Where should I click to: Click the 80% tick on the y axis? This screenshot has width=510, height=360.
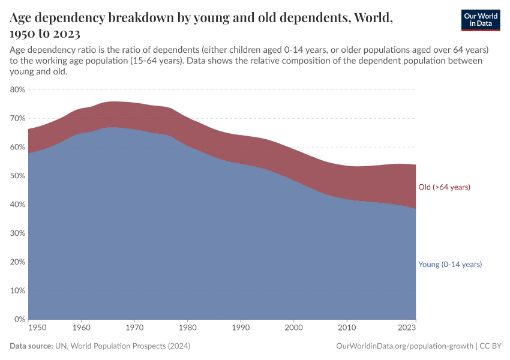pyautogui.click(x=17, y=89)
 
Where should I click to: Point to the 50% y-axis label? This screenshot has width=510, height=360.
pyautogui.click(x=17, y=176)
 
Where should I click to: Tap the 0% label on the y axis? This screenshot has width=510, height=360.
pyautogui.click(x=19, y=319)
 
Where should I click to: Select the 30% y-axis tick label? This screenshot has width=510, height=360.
pyautogui.click(x=17, y=233)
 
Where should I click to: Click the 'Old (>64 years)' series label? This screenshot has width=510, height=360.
pyautogui.click(x=444, y=187)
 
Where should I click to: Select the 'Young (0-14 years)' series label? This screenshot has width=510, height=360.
pyautogui.click(x=450, y=265)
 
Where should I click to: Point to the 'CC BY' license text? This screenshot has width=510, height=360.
pyautogui.click(x=490, y=346)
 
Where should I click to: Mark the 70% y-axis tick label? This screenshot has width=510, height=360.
pyautogui.click(x=17, y=118)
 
